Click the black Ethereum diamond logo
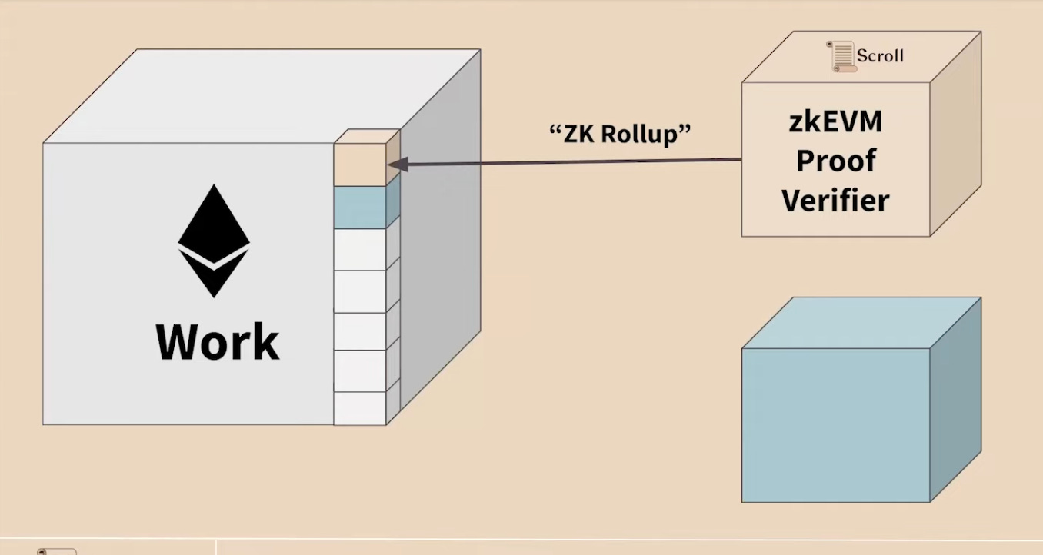click(x=214, y=241)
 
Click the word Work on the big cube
click(x=218, y=343)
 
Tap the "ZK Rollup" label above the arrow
click(x=621, y=133)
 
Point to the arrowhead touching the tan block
click(x=395, y=163)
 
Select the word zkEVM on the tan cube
click(x=835, y=122)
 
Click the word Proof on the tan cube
click(x=835, y=161)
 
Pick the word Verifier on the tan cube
click(x=835, y=201)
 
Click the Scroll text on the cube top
click(x=880, y=56)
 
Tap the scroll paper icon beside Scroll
click(x=841, y=57)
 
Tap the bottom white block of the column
click(x=359, y=408)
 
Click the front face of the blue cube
click(x=835, y=425)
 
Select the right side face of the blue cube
click(x=956, y=400)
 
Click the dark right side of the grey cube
click(x=438, y=254)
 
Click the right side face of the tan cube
click(x=956, y=135)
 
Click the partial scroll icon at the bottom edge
click(x=57, y=551)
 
